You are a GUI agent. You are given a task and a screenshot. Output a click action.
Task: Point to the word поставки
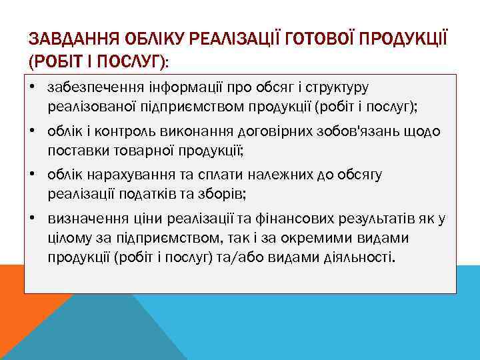tap(73, 149)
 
